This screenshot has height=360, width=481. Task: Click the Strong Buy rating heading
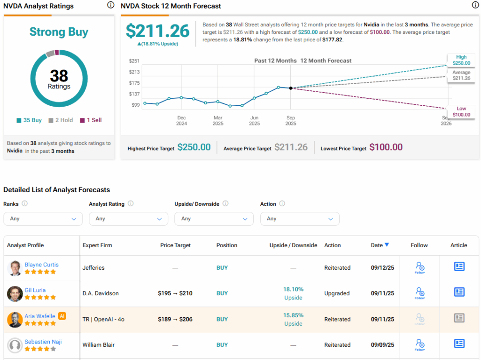[59, 32]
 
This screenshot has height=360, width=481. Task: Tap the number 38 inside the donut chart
[59, 76]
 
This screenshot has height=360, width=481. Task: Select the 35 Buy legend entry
[29, 120]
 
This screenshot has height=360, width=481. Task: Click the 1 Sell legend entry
[91, 120]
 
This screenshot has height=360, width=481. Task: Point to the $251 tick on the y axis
[134, 61]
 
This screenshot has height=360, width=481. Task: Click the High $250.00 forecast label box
[461, 60]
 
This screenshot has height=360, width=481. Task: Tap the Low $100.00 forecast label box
[461, 112]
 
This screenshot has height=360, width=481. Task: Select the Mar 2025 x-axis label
[218, 120]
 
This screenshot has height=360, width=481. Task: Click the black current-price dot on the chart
[291, 88]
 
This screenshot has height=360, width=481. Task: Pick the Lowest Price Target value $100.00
[386, 147]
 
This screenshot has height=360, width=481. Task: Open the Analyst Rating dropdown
[128, 219]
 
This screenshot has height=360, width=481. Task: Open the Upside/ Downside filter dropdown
[214, 219]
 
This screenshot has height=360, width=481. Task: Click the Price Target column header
[176, 245]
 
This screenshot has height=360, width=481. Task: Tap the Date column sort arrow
[387, 245]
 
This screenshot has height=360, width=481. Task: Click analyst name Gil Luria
[35, 290]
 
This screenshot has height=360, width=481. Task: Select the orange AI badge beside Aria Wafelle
[62, 316]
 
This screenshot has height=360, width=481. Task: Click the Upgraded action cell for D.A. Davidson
[337, 293]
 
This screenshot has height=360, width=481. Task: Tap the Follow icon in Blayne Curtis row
[419, 267]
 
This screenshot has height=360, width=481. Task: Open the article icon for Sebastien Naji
[459, 344]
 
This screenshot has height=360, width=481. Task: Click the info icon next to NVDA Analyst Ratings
[110, 5]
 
